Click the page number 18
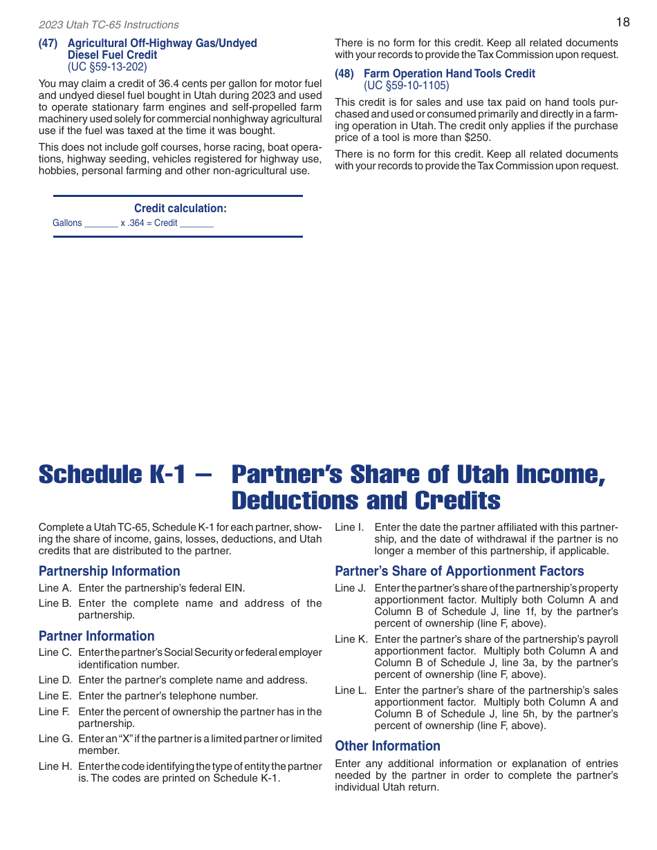pos(622,22)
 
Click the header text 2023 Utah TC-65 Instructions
pos(109,25)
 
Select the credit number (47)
pos(48,44)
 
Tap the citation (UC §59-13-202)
pos(107,67)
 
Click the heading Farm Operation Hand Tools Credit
pos(449,73)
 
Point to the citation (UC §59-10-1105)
pos(406,86)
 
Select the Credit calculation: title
pos(180,209)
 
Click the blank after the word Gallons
pos(101,224)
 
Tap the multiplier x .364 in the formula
pos(132,223)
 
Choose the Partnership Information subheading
pos(109,571)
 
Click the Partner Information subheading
pos(97,636)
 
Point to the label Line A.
pos(55,588)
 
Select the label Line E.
pos(55,696)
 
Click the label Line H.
pos(55,766)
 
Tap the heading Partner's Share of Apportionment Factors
pos(459,571)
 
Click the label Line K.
pos(351,639)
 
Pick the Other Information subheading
pos(387,746)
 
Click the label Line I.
pos(349,527)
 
